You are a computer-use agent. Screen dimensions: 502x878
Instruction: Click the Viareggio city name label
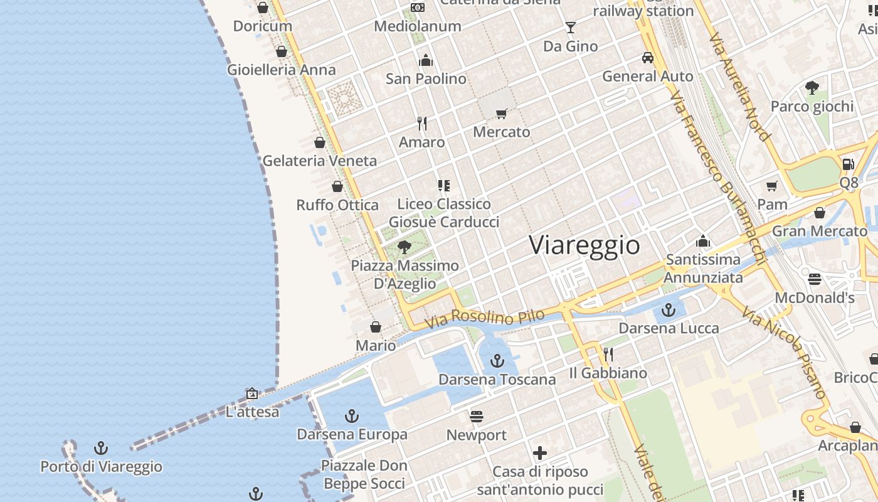584,245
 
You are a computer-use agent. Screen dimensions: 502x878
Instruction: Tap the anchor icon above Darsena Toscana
497,361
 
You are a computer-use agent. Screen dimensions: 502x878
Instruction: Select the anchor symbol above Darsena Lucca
669,309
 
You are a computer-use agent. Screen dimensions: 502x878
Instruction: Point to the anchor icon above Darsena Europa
352,415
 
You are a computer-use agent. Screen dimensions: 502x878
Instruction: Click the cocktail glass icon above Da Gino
571,28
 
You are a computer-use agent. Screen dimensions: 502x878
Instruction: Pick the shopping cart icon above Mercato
501,114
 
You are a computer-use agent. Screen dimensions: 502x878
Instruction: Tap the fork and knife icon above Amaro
422,124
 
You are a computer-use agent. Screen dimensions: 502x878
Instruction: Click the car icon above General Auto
648,58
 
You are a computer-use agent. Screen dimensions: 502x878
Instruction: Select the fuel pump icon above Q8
848,164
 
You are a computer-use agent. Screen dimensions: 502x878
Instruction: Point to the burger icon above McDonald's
815,279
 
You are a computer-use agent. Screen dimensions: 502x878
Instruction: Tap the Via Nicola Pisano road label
784,351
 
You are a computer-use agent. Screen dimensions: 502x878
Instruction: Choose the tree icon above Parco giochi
812,87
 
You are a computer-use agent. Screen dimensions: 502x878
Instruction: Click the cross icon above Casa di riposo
540,452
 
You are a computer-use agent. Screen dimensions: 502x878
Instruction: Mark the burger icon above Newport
477,416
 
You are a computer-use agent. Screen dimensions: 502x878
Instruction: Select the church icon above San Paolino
426,60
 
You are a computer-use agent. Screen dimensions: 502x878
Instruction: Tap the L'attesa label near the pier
252,412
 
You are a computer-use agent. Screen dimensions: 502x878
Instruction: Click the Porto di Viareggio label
101,467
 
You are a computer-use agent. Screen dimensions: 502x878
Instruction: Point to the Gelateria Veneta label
320,161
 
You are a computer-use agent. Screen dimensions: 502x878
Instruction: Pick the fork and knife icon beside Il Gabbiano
608,355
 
